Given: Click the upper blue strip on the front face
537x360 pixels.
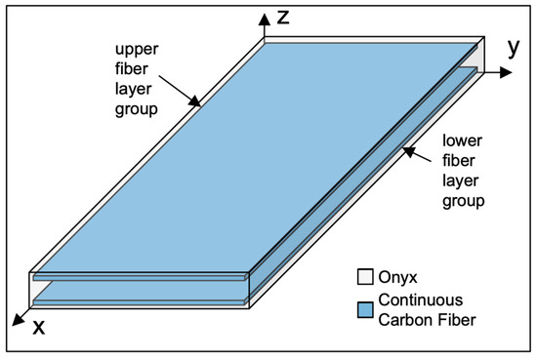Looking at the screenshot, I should tap(137, 278).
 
